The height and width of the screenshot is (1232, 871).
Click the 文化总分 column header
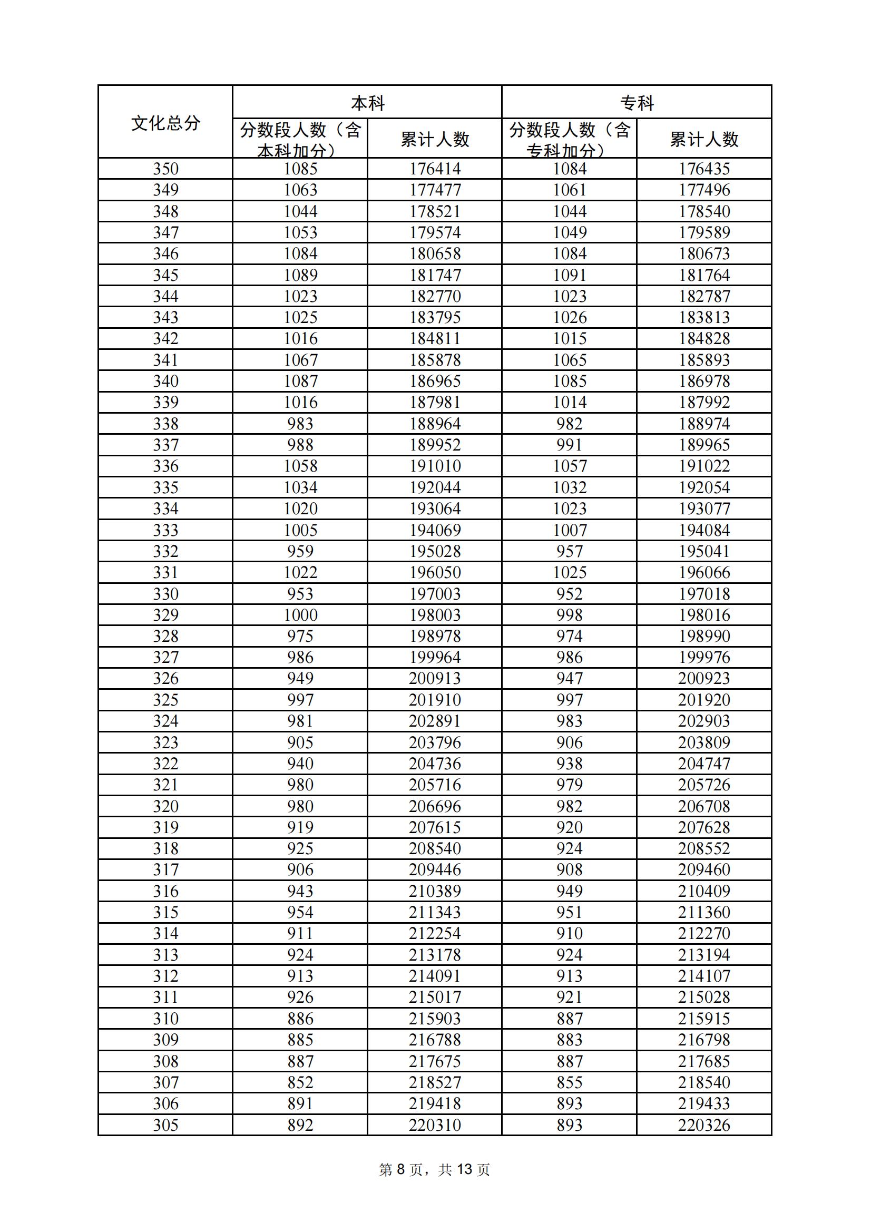[x=165, y=123]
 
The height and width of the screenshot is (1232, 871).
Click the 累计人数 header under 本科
[x=435, y=140]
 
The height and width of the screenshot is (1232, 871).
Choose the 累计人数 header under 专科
[x=703, y=140]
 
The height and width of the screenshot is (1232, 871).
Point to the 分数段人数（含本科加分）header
[x=300, y=140]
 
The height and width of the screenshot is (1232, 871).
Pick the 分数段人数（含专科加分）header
[x=569, y=140]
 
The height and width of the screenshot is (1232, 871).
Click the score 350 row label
[x=165, y=169]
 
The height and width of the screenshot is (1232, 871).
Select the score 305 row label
[x=165, y=1125]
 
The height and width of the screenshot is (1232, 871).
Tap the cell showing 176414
[x=435, y=169]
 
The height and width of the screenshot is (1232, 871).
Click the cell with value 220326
[x=703, y=1125]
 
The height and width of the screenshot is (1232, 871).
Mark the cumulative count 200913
[x=435, y=679]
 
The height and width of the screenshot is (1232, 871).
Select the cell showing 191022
[x=703, y=466]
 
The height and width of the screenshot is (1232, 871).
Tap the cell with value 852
[x=300, y=1083]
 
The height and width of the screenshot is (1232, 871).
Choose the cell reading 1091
[x=569, y=275]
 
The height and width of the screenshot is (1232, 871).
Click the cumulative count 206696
[x=435, y=806]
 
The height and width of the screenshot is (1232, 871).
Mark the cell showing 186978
[x=703, y=382]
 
